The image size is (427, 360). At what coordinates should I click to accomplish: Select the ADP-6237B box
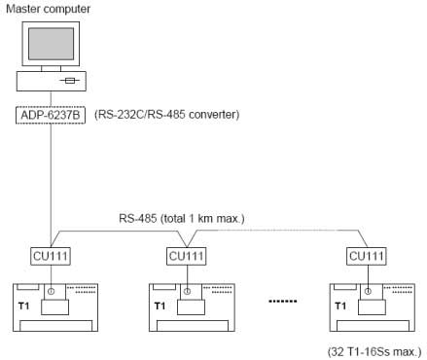(x=52, y=116)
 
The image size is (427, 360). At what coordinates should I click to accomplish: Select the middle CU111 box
(x=187, y=258)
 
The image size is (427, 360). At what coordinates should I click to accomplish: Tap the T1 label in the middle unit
(x=160, y=305)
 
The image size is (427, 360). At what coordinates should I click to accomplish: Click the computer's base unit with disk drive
(x=52, y=80)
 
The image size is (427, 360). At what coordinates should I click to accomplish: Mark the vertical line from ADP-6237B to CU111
(x=52, y=185)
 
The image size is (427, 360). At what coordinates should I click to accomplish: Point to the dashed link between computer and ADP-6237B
(x=52, y=98)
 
